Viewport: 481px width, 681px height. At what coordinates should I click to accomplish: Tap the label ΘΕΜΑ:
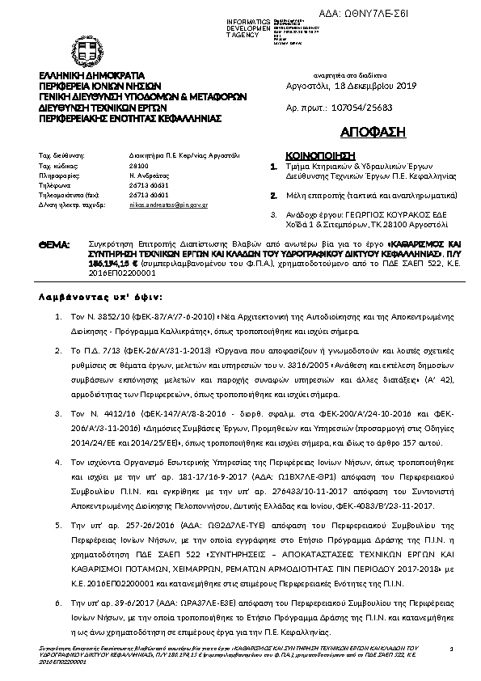click(55, 243)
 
